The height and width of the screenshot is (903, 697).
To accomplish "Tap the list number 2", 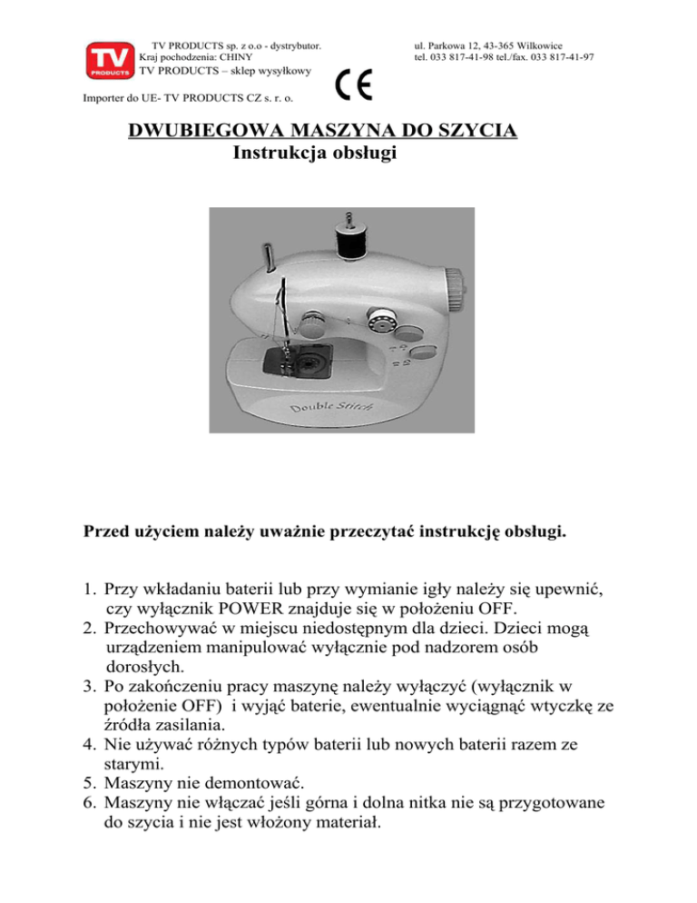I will point(87,626).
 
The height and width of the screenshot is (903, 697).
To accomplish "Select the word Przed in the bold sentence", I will point(106,530).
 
